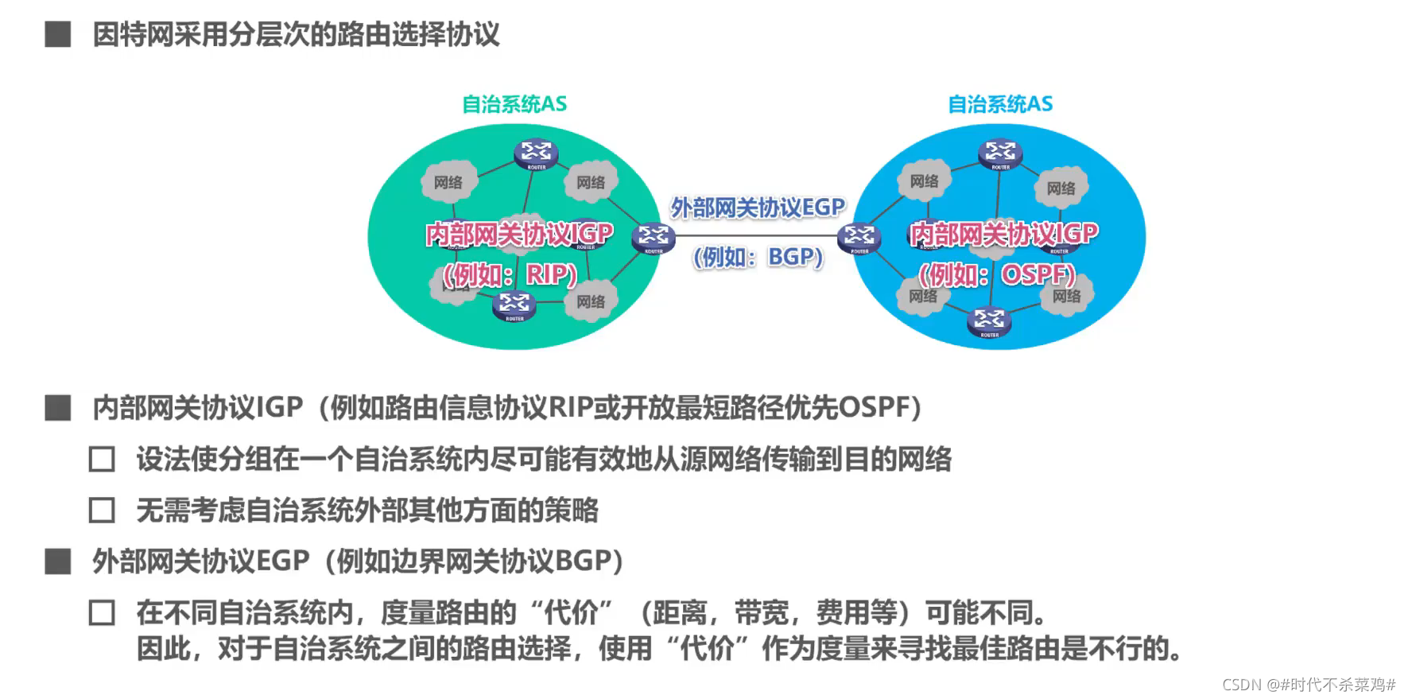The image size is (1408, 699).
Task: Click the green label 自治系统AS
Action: click(x=514, y=104)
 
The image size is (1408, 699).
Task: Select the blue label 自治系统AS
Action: click(x=1000, y=104)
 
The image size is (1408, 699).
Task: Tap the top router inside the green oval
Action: click(x=536, y=153)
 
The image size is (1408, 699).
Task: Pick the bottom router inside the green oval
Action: click(x=514, y=305)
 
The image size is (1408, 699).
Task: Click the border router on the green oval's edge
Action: click(x=654, y=237)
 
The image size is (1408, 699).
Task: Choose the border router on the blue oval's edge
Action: click(x=859, y=237)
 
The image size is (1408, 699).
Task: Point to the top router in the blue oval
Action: click(x=1000, y=153)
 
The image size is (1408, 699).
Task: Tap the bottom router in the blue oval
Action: click(x=989, y=321)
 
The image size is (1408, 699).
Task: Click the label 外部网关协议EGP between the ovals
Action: click(x=758, y=208)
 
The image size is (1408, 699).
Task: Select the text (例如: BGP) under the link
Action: click(x=758, y=257)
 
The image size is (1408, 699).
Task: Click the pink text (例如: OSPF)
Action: click(x=997, y=274)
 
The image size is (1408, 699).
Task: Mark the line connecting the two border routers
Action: click(x=756, y=236)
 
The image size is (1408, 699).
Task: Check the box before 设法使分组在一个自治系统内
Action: click(x=102, y=460)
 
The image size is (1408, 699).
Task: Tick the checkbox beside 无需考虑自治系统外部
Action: click(x=102, y=511)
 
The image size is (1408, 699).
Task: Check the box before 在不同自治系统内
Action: click(x=102, y=613)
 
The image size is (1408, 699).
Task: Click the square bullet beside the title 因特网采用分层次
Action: click(x=58, y=35)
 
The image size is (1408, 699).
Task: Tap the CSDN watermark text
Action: click(x=1309, y=684)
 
